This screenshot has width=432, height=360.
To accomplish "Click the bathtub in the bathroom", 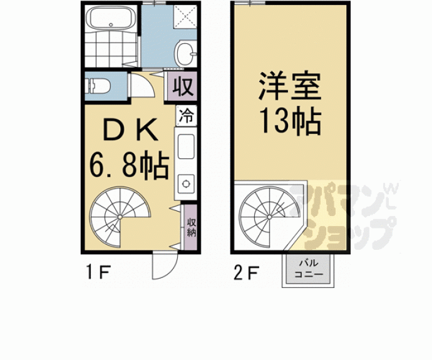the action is coord(111,18).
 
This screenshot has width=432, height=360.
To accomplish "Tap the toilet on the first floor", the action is coord(98,86).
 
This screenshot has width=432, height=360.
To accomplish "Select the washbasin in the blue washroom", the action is coord(186,53).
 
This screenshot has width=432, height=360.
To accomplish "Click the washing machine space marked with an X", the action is coord(185,16).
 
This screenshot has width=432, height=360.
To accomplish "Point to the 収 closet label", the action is coord(182,87).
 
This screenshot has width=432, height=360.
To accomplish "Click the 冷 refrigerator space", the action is coord(187,115).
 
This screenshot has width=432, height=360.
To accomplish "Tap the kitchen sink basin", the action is coord(186,146).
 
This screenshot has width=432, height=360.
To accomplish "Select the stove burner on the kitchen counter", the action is coord(186,183).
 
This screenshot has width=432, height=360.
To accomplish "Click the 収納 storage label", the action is coord(191,227).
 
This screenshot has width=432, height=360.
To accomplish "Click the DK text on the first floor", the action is coord(130,130).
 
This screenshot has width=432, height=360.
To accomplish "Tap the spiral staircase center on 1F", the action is coord(120,217).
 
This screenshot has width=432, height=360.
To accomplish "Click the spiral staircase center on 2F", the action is coord(269,217).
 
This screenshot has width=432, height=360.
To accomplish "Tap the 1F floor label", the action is coord(98,272).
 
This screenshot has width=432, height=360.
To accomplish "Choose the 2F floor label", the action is coord(246,272).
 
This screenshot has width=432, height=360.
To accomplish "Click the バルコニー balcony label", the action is coord(308,269).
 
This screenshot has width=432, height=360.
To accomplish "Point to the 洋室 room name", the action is coord(289,86).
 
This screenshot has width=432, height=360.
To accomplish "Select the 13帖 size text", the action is coord(291,121).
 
